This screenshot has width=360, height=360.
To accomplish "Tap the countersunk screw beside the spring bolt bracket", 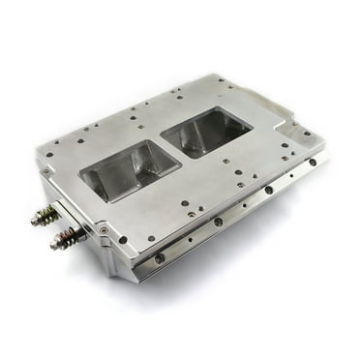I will click(104, 231).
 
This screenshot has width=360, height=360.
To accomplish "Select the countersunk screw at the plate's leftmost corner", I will click(45, 172).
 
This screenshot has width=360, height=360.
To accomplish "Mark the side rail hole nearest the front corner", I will click(159, 257).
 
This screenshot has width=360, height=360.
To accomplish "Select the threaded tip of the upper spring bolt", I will click(35, 220).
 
